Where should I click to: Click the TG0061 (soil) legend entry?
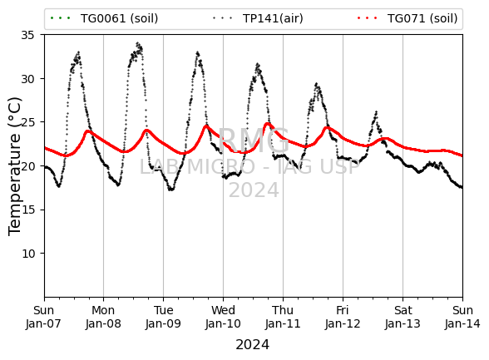104,18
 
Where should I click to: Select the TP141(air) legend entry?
258,18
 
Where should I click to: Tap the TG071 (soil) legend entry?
407,18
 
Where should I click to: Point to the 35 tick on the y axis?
27,35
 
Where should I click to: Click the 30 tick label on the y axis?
27,79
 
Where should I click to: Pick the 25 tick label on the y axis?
27,122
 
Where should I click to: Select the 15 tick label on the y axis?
27,210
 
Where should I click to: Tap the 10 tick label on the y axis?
27,254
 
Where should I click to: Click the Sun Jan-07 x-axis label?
43,317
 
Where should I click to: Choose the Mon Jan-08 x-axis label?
103,317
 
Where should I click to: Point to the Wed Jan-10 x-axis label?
223,317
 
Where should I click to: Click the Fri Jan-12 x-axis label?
343,317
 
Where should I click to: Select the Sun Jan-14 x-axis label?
462,317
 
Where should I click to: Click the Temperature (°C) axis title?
15,166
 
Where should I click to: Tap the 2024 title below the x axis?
252,345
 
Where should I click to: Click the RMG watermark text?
254,141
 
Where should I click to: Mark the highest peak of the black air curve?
137,43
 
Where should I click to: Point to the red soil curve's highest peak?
267,124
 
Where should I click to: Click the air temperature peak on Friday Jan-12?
377,111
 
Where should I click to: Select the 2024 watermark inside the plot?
254,190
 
